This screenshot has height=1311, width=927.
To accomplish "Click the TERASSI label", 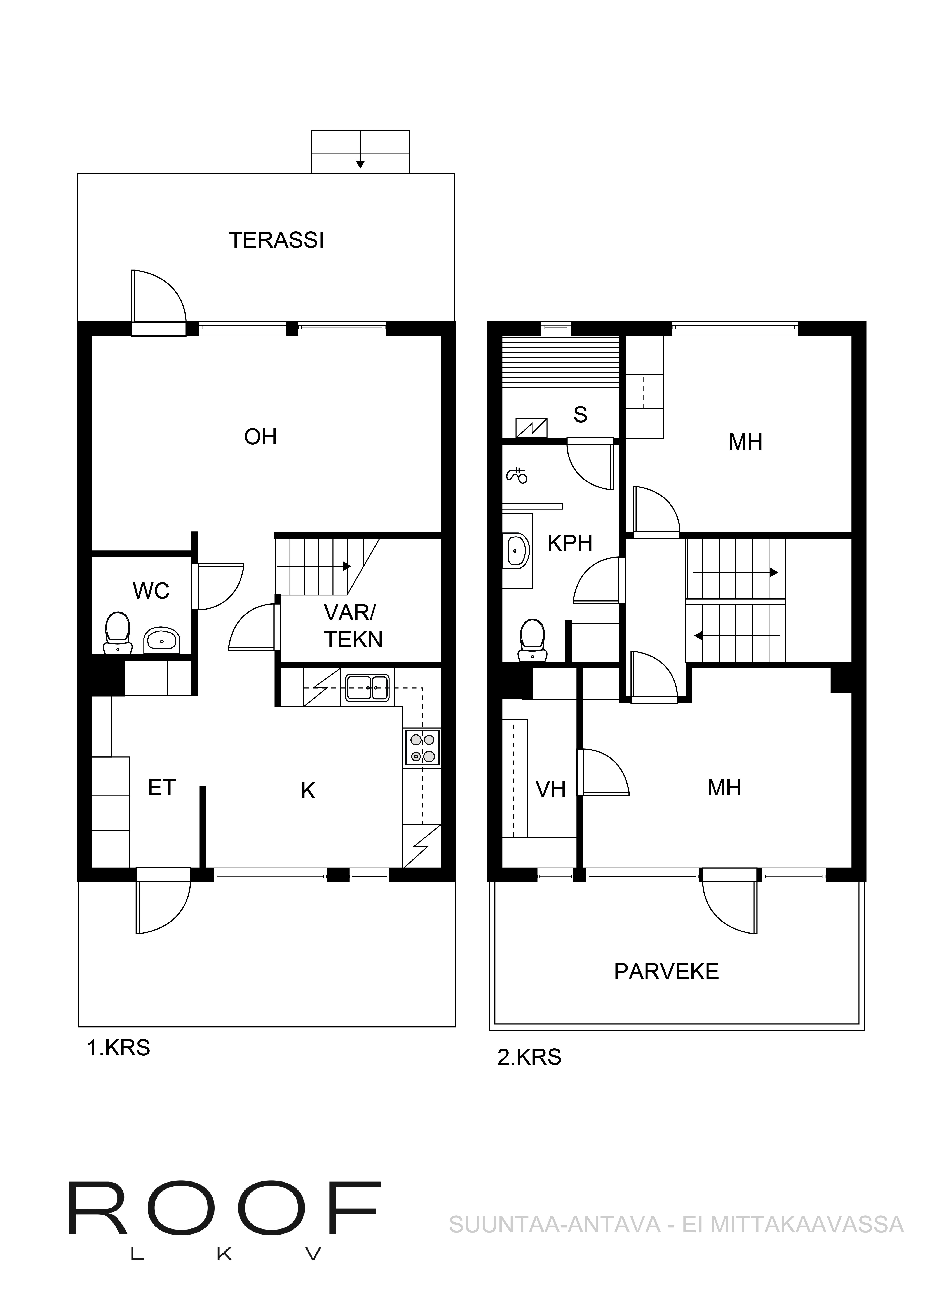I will pos(276,240).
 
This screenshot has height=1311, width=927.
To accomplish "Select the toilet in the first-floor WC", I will pos(118,633).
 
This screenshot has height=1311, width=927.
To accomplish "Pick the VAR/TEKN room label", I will pos(352,626).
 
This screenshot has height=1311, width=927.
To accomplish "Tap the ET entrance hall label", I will pos(162,788).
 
